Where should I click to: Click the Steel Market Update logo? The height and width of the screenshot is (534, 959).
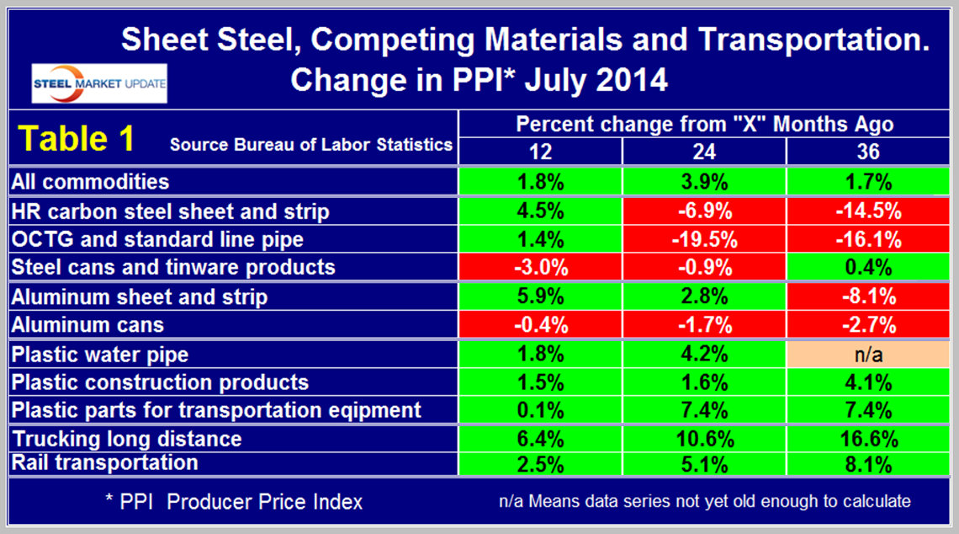click(x=99, y=84)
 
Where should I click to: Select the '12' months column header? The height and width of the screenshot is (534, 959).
click(x=540, y=151)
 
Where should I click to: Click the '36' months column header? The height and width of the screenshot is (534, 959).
click(x=866, y=151)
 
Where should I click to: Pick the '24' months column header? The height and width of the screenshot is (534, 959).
click(x=704, y=151)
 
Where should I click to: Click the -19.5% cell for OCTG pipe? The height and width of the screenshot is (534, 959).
click(x=704, y=239)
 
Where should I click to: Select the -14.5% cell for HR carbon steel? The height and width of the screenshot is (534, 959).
click(x=866, y=211)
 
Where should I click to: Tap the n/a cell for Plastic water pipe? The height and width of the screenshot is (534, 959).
click(x=866, y=354)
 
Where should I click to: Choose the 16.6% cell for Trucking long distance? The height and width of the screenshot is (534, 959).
click(x=866, y=439)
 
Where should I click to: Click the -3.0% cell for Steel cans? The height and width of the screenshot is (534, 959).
click(x=540, y=268)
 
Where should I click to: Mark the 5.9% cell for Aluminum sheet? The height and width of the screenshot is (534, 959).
click(x=540, y=296)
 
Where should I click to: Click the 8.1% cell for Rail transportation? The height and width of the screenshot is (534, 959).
click(x=866, y=462)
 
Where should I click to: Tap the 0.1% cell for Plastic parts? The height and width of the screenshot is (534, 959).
click(x=540, y=410)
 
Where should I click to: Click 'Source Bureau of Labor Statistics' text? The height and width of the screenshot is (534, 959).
click(x=311, y=144)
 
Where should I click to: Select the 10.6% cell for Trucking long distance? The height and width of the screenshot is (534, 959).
click(x=704, y=439)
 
